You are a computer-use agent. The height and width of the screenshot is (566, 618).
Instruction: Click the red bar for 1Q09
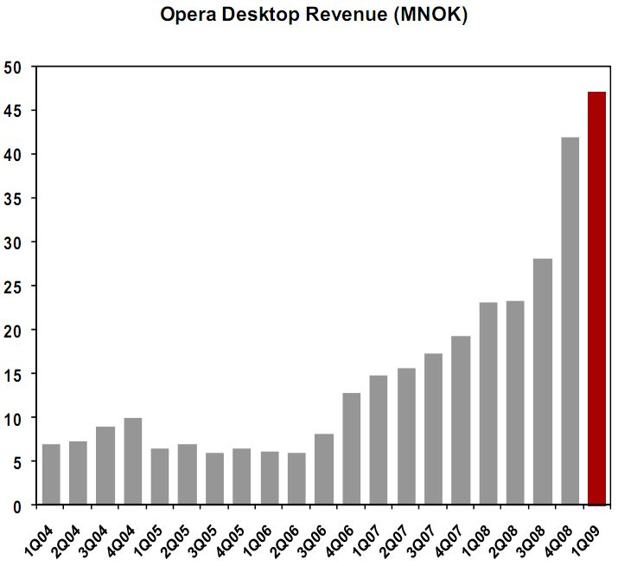pos(596,298)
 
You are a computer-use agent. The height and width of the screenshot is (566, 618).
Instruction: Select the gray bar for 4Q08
pos(570,320)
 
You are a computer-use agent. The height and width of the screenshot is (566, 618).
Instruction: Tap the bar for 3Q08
pos(542,381)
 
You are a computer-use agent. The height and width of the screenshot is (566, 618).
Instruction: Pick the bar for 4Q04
pos(133,460)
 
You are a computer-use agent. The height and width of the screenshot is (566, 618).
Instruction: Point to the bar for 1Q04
pos(51,473)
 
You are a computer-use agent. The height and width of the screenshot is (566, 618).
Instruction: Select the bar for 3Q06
pos(324,468)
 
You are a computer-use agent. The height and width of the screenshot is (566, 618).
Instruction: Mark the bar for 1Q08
pos(487,402)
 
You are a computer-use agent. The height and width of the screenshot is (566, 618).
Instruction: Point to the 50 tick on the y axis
pos(14,67)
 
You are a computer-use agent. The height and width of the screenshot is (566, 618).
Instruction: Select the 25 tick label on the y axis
pos(14,286)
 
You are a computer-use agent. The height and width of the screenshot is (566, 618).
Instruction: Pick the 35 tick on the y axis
pos(14,198)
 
